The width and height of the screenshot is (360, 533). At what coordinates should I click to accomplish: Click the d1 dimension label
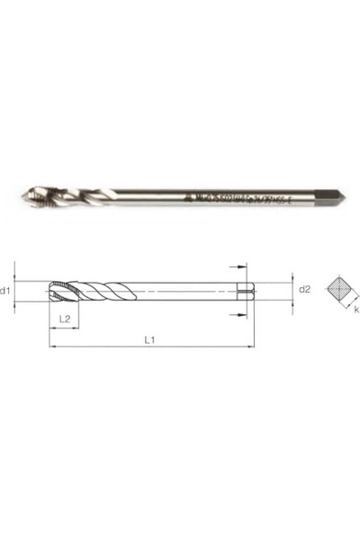[6, 290]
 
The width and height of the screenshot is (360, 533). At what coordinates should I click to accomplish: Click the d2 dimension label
[305, 289]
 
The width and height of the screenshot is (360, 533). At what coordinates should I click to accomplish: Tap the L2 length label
[65, 318]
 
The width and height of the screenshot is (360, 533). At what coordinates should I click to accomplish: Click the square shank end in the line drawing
[247, 290]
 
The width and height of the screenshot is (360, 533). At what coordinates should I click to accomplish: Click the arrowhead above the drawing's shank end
[239, 268]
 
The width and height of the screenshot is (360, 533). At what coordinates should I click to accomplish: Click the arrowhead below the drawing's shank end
[239, 312]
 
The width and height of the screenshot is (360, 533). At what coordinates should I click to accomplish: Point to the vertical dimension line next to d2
[291, 290]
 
